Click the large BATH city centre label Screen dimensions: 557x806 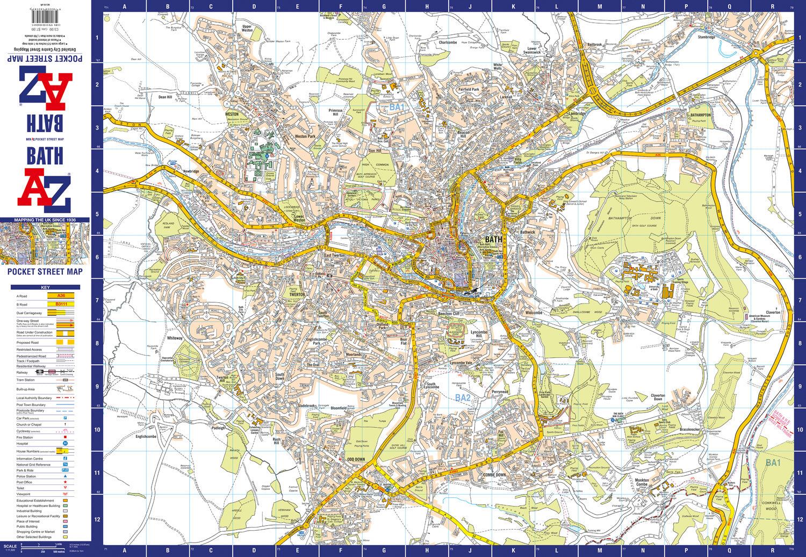tap(493, 240)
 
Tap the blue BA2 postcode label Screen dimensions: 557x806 tap(463, 398)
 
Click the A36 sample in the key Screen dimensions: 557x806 tap(61, 296)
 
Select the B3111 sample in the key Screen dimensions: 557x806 tap(61, 304)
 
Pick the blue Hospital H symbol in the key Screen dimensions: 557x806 tap(66, 444)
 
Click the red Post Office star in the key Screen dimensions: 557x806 tap(66, 482)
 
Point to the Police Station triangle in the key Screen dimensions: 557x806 tap(66, 476)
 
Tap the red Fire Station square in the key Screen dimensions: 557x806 tap(66, 437)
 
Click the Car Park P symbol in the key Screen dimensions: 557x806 tap(66, 418)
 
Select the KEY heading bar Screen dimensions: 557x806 tap(45, 287)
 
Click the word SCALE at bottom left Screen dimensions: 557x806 tap(10, 546)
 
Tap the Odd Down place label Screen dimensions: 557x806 tap(356, 459)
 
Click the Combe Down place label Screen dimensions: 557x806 tap(494, 475)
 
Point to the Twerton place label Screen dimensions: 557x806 tap(297, 294)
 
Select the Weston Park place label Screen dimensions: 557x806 tap(305, 136)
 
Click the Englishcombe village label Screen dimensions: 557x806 tap(146, 437)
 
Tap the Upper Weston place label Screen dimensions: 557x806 tap(247, 28)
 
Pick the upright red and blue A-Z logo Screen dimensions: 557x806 tap(45, 190)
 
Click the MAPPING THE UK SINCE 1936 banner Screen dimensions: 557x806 tap(45, 220)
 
